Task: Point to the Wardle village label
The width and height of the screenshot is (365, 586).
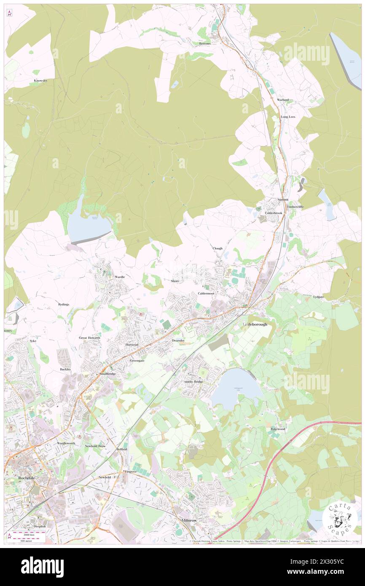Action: [120, 277]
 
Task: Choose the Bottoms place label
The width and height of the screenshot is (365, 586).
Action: [205, 43]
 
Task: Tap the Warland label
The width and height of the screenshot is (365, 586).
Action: [283, 100]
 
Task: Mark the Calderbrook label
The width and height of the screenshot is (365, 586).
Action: [273, 213]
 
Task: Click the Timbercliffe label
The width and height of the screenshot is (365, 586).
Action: [295, 207]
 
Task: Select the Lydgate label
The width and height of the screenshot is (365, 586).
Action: [319, 297]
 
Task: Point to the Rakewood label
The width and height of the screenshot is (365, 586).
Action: [278, 429]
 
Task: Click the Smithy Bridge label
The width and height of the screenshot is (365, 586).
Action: [193, 382]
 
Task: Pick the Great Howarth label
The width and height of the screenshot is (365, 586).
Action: [89, 338]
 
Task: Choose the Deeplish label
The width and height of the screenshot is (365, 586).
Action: [40, 527]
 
